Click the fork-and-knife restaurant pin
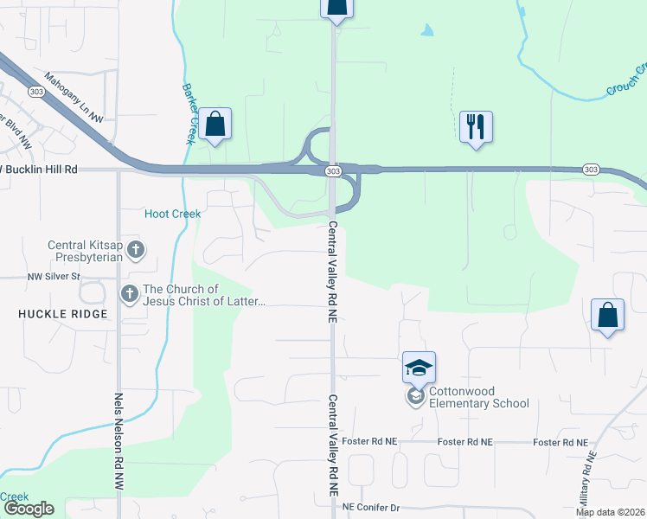(475, 127)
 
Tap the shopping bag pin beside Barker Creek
(215, 125)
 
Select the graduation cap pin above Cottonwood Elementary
(419, 368)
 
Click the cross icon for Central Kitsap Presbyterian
(135, 251)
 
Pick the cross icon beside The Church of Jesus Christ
(130, 295)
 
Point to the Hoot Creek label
(172, 214)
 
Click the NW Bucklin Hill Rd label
(40, 170)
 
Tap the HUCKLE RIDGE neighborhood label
(63, 314)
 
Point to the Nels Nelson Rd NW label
(119, 443)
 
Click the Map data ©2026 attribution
(611, 512)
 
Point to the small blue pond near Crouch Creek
(426, 30)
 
